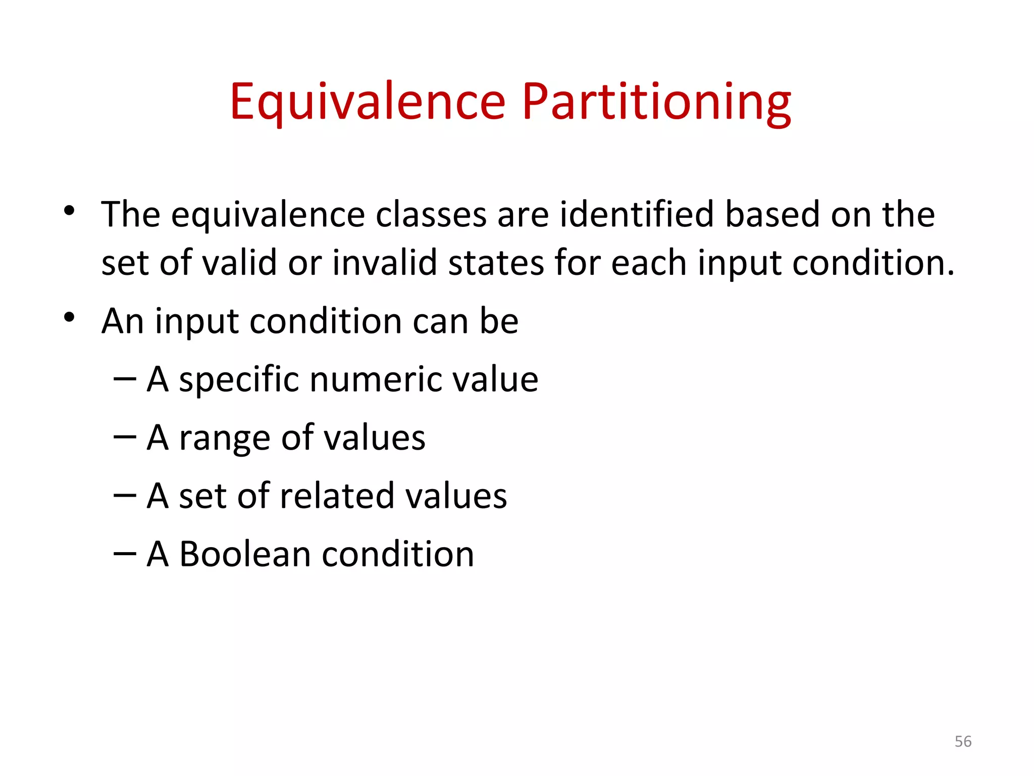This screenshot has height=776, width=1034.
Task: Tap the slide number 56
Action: (x=963, y=742)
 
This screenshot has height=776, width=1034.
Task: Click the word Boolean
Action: (x=245, y=554)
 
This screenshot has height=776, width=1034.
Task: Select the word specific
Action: (x=239, y=379)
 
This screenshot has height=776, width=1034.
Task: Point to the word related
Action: (x=337, y=496)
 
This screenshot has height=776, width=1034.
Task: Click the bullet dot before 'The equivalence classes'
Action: (x=70, y=210)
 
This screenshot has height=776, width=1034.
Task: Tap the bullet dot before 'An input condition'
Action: (x=70, y=317)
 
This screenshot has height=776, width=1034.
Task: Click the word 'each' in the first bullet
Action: (x=649, y=263)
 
